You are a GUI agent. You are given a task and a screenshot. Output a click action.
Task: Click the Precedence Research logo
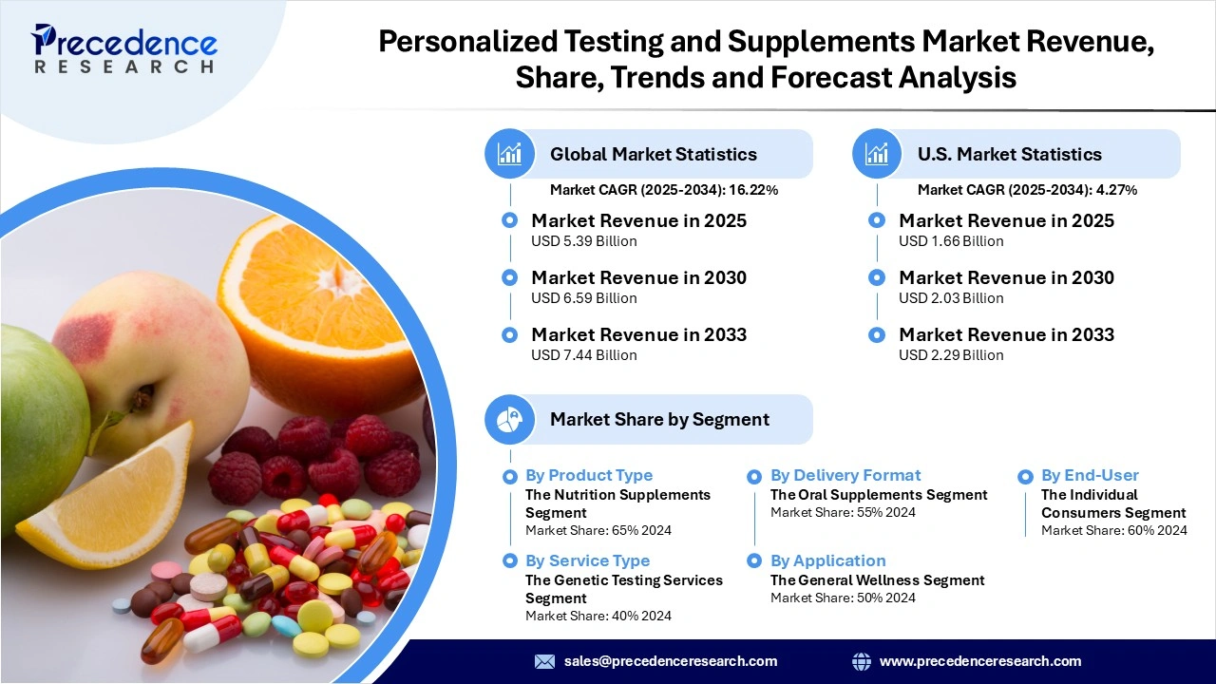[x=124, y=48]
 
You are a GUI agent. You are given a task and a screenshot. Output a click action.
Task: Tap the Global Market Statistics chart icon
[x=510, y=154]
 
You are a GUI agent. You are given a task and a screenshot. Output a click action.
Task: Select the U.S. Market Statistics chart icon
[x=877, y=154]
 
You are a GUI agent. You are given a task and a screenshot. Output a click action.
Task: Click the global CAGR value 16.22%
[x=755, y=190]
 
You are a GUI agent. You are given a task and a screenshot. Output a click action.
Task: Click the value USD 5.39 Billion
[x=583, y=241]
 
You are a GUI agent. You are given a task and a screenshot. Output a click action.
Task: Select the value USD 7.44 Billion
[x=583, y=355]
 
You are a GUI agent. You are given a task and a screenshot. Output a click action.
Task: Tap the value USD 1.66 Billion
[x=951, y=241]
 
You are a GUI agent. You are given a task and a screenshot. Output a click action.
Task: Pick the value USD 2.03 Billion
[x=951, y=298]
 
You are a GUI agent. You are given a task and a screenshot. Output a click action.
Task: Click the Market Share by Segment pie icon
[x=510, y=420]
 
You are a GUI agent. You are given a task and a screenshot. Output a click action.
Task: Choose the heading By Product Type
[x=589, y=475]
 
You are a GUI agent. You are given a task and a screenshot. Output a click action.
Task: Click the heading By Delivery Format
[x=845, y=475]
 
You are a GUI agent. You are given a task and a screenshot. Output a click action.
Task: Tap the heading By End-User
[x=1090, y=475]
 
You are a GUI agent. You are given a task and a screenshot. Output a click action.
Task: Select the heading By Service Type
[x=587, y=560]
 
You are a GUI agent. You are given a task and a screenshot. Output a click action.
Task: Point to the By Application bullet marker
[x=754, y=561]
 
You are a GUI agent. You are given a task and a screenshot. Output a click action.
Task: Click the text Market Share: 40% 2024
[x=598, y=616]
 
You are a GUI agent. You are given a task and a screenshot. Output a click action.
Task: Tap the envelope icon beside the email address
[x=544, y=661]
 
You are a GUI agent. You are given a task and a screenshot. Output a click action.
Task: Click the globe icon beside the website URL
[x=862, y=661]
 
